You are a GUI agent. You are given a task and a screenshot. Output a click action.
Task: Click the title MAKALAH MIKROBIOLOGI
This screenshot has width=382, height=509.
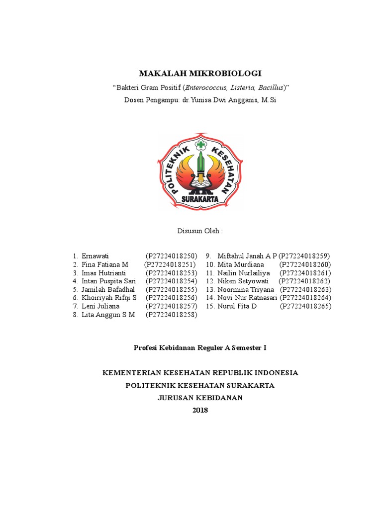pyautogui.click(x=200, y=74)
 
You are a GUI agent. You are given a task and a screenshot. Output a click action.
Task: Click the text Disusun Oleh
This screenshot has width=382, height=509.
pyautogui.click(x=200, y=231)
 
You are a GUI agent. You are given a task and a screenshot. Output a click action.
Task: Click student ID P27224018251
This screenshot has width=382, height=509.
pyautogui.click(x=170, y=264)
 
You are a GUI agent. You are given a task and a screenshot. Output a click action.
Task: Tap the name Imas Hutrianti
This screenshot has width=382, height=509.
pyautogui.click(x=104, y=273)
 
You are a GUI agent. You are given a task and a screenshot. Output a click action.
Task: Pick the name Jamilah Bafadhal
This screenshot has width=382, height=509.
pyautogui.click(x=106, y=289)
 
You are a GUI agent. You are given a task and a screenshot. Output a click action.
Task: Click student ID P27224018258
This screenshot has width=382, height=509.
pyautogui.click(x=172, y=315)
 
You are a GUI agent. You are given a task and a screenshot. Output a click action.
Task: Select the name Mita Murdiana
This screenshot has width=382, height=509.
pyautogui.click(x=241, y=264)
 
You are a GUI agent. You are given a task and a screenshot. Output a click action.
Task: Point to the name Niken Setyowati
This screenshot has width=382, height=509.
pyautogui.click(x=243, y=281)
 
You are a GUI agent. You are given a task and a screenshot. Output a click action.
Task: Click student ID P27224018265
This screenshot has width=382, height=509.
pyautogui.click(x=305, y=306)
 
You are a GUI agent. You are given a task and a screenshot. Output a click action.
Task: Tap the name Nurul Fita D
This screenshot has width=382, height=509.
pyautogui.click(x=237, y=306)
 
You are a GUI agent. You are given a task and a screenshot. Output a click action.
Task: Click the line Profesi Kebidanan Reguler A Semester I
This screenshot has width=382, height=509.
pyautogui.click(x=200, y=348)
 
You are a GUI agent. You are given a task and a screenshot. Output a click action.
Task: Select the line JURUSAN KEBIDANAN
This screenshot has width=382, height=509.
pyautogui.click(x=200, y=398)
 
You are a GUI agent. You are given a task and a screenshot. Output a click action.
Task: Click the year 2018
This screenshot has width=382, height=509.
pyautogui.click(x=200, y=410)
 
